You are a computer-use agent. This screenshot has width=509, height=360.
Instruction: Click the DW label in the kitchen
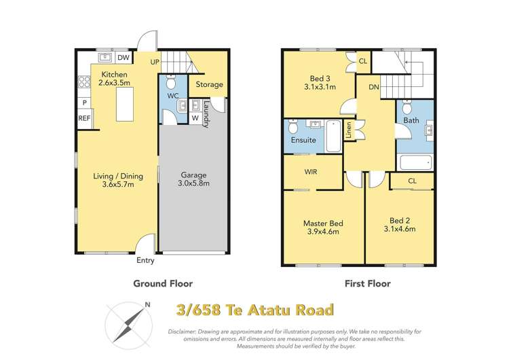(123, 58)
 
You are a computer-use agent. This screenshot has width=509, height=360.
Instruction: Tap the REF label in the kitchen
(84, 118)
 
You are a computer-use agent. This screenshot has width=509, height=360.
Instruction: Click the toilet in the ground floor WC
(172, 82)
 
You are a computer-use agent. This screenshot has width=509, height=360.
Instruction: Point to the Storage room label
(209, 85)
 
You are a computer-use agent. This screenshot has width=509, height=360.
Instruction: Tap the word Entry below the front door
(145, 260)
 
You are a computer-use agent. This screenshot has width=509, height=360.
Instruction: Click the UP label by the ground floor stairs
(155, 62)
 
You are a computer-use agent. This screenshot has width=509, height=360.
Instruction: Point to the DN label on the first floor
(373, 87)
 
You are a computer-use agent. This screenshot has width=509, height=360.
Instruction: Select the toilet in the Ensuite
(293, 126)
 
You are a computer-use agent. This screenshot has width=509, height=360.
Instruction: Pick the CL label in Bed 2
(413, 181)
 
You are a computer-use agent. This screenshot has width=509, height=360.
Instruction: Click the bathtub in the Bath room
(415, 162)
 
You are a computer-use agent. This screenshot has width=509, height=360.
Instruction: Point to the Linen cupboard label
(348, 130)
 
